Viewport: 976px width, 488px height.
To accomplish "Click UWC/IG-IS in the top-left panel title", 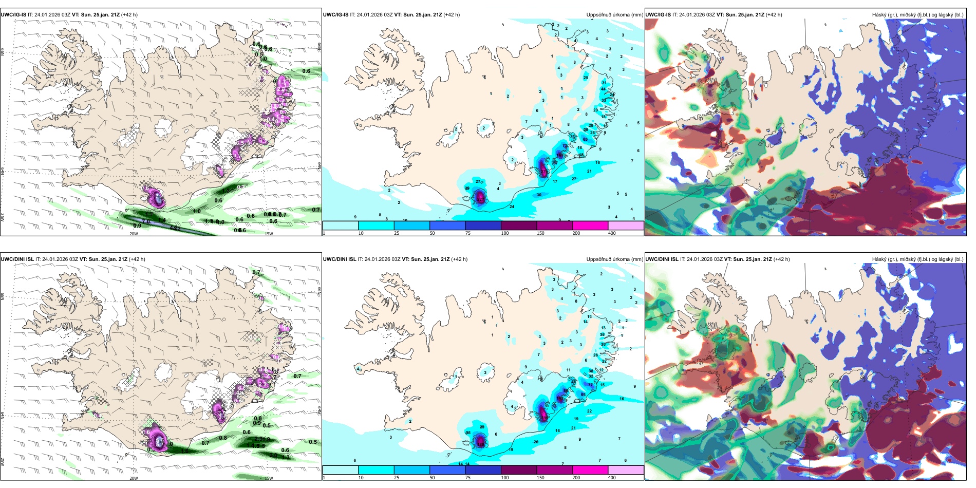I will point(13,15).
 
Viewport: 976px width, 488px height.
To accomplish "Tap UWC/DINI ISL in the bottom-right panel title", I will point(662,259).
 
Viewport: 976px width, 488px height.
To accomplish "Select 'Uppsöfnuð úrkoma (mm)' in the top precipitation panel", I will point(614,15).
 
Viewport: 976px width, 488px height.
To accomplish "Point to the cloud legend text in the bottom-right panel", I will point(917,259).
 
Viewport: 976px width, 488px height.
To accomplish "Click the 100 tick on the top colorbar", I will point(505,233).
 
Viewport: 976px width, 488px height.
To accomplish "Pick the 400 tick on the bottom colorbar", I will point(612,478).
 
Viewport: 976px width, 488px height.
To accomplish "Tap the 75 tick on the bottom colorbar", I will point(468,478).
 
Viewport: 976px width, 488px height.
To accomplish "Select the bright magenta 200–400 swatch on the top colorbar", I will point(590,225).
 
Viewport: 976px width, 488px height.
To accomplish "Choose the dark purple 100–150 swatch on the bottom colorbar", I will point(519,470).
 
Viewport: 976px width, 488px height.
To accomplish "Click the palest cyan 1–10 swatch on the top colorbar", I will point(341,225).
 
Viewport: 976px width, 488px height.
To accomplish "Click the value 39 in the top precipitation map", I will point(467,189).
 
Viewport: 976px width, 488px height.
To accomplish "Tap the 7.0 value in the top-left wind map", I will point(146,221).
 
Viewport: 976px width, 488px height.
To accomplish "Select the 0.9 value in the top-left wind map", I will point(137,226).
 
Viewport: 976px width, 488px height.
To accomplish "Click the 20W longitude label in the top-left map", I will point(134,234).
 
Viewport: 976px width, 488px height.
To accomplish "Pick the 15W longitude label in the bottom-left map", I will point(269,478).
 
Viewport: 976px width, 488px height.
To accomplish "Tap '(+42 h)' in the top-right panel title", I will point(774,15).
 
